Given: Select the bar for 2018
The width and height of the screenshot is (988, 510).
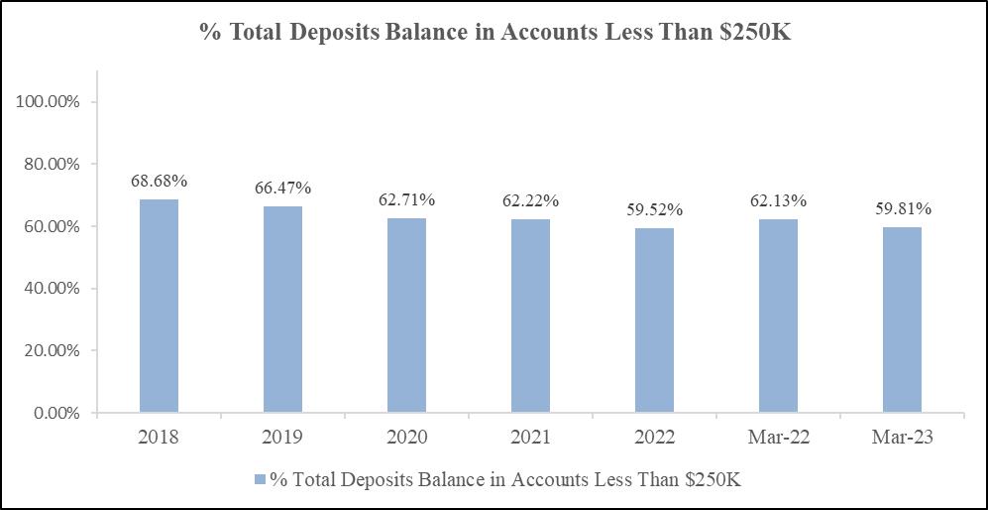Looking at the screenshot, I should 159,306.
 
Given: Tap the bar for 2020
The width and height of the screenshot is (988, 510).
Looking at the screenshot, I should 406,316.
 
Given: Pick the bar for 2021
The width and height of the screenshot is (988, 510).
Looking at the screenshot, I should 530,317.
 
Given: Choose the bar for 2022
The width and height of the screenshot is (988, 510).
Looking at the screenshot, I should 654,320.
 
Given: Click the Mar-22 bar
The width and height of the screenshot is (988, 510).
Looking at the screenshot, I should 778,317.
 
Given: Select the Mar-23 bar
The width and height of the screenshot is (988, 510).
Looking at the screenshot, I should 902,320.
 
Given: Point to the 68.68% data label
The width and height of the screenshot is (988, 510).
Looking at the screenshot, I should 159,182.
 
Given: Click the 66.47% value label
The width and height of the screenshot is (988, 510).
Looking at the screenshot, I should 282,189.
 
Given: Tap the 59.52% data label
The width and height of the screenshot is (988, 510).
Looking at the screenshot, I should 654,210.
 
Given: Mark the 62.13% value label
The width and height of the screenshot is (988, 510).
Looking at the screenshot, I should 778,201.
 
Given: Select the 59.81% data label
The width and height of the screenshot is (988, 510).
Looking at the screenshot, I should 902,209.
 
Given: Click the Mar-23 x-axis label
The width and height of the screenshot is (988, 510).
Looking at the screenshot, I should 902,438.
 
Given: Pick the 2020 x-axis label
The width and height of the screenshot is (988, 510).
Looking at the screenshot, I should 406,438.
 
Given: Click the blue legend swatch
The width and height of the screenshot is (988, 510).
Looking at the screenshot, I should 260,479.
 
